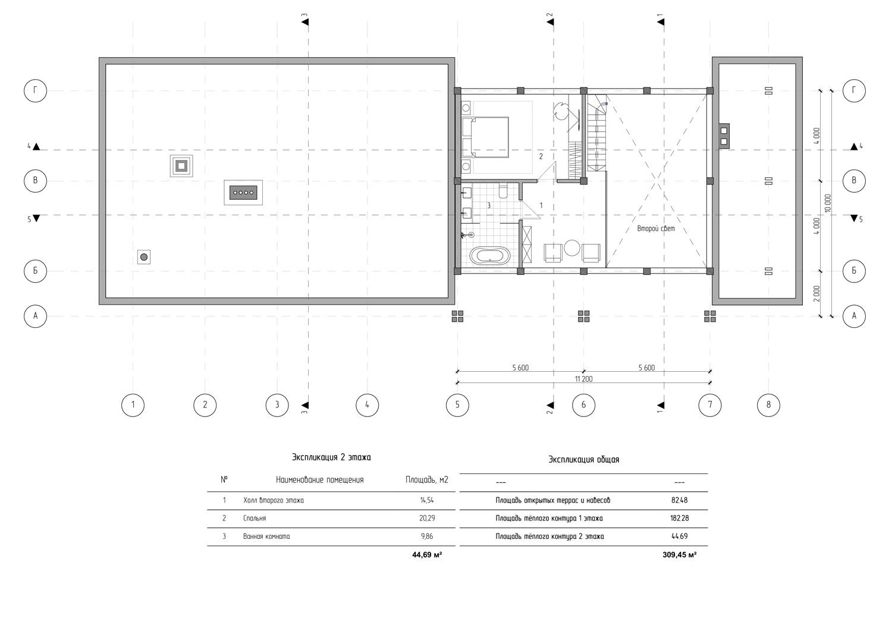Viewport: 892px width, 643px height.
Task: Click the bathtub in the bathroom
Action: [490, 255]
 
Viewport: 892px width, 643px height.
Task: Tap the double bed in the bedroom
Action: [485, 137]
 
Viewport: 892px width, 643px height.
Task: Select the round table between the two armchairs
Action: [572, 248]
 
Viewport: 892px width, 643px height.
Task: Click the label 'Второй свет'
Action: [656, 228]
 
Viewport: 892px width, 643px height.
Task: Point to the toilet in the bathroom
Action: [502, 190]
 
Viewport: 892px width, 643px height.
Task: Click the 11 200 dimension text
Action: [583, 379]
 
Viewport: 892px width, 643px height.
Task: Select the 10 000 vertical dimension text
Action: [828, 203]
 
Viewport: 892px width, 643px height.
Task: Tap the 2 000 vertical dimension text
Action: [816, 294]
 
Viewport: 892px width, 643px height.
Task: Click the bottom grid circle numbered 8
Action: [768, 405]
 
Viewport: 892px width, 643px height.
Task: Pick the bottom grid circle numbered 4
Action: [367, 405]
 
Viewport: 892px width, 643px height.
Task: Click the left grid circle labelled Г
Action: [36, 91]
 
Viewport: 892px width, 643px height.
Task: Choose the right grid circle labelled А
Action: [854, 316]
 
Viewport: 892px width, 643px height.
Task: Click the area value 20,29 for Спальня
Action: [427, 518]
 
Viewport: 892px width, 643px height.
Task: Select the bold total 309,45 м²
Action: [679, 554]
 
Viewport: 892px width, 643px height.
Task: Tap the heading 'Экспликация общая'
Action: [584, 460]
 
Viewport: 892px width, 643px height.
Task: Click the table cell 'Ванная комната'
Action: [266, 537]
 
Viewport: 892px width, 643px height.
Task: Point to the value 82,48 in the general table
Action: [679, 500]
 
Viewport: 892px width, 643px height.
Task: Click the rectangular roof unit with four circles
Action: [243, 193]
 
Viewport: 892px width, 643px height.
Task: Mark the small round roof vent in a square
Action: [144, 257]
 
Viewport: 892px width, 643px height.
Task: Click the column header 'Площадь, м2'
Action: [427, 480]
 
